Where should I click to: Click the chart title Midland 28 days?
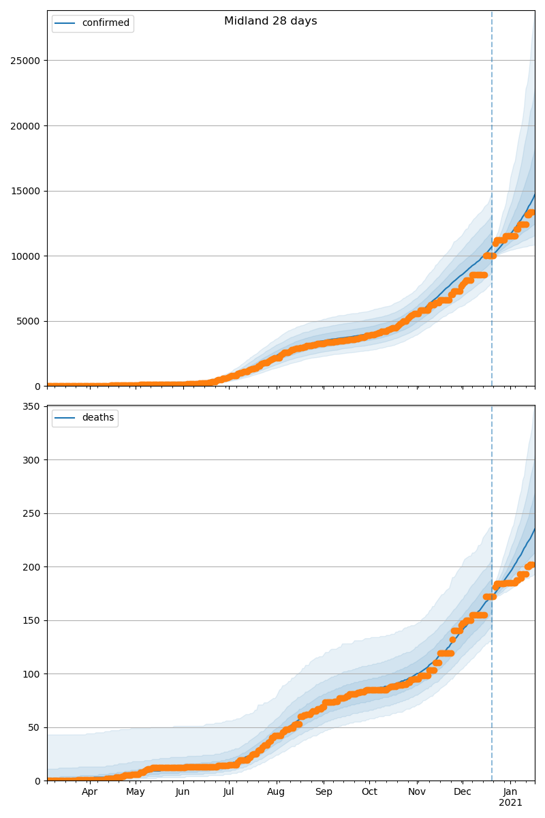[270, 21]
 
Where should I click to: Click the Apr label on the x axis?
[90, 792]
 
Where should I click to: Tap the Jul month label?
[228, 792]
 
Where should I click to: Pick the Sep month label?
[324, 792]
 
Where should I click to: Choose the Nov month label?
[417, 792]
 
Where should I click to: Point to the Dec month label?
[463, 792]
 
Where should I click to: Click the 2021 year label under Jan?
[510, 803]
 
